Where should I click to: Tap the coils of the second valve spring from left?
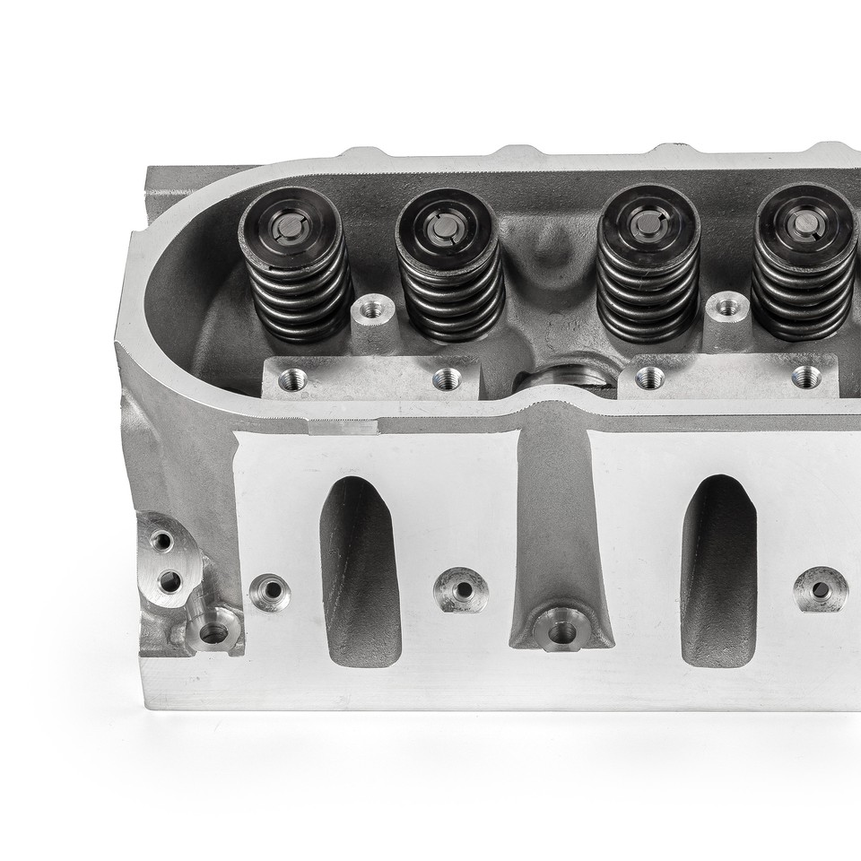(x=449, y=287)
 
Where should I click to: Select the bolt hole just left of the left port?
(x=270, y=592)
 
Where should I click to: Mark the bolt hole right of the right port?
(x=821, y=589)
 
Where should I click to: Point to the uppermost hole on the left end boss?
(x=161, y=541)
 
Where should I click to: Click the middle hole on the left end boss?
(x=170, y=581)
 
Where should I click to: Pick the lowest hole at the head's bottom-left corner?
(x=213, y=633)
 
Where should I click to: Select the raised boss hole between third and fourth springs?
(x=727, y=309)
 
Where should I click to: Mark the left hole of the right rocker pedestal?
(x=649, y=378)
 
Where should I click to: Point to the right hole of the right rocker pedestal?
(x=806, y=377)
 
